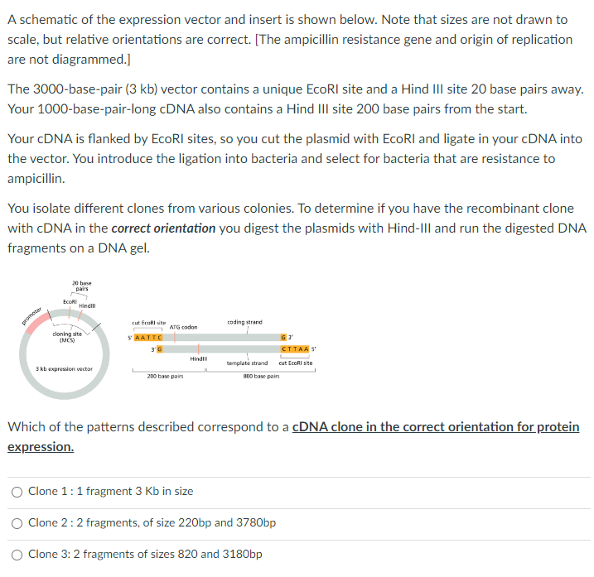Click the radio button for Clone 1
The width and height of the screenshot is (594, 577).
point(17,491)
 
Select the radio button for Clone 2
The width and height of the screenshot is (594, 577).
point(17,523)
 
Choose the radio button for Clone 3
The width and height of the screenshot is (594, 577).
point(17,555)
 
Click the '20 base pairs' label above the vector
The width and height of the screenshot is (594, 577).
point(81,286)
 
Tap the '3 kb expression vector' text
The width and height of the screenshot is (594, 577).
point(64,368)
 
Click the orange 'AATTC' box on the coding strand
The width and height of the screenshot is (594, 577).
point(147,338)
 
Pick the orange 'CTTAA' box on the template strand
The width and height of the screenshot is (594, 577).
point(296,349)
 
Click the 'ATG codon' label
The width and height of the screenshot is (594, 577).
point(183,327)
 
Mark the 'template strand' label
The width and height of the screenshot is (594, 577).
point(247,363)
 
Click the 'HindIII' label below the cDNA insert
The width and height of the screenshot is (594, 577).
point(198,358)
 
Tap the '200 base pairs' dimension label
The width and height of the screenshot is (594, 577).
point(164,376)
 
